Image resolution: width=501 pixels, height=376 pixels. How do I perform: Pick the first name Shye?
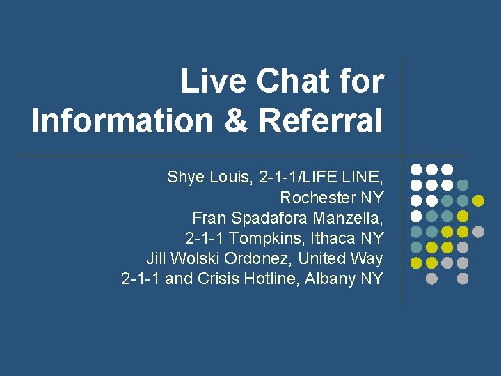coord(185,178)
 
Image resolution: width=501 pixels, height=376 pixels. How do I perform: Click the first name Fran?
coord(207,218)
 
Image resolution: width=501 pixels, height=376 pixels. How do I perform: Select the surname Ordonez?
coord(257,258)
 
